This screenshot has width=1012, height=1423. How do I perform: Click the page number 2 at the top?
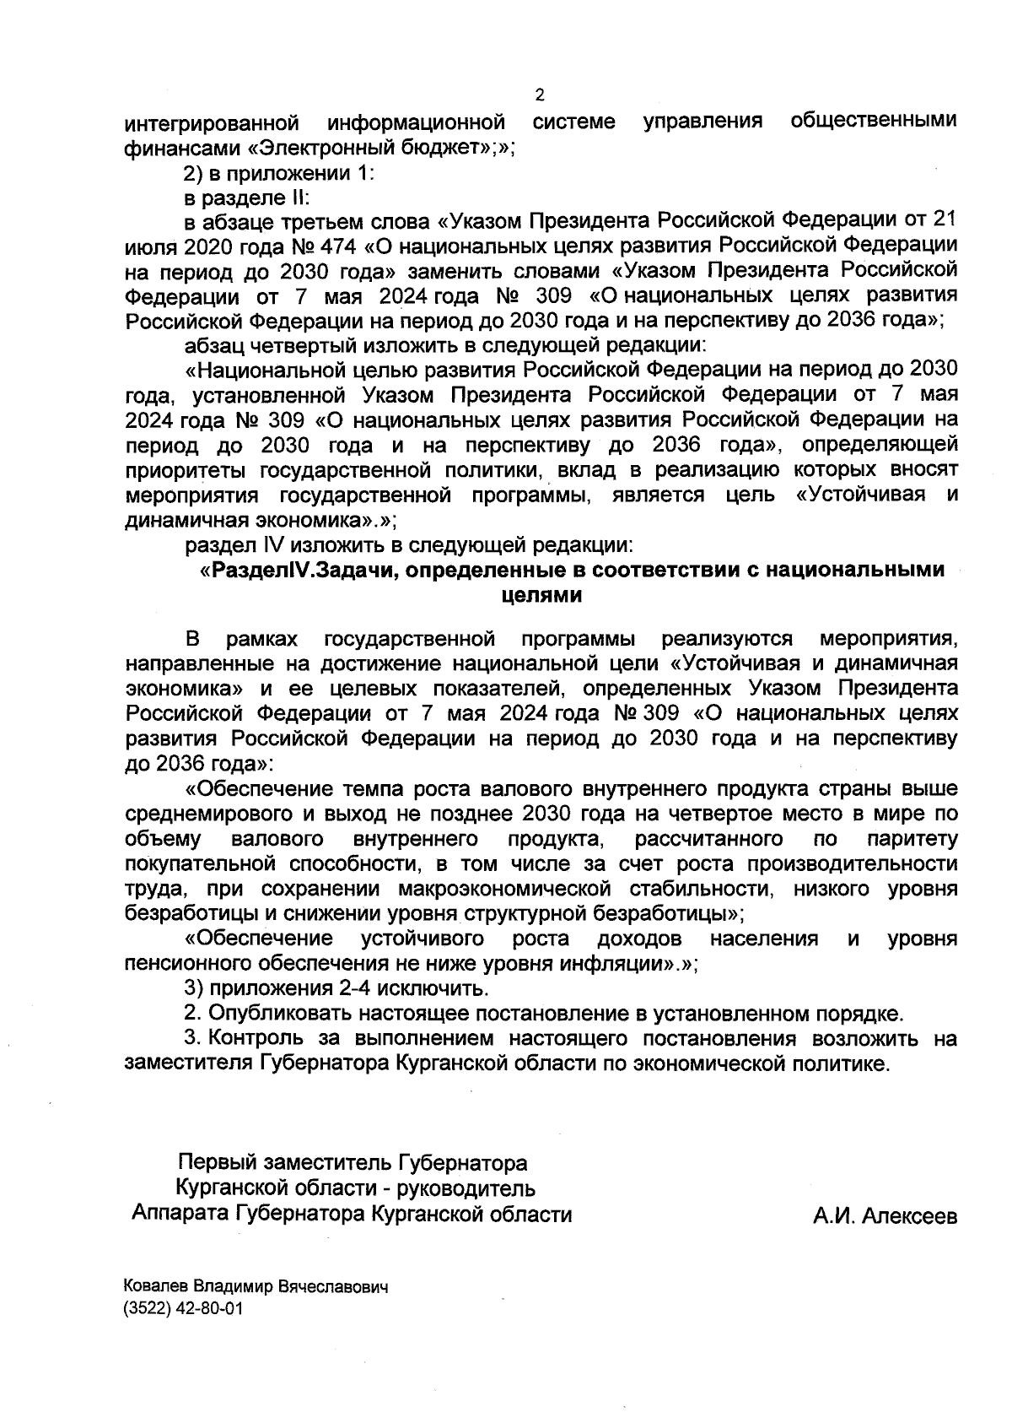(x=540, y=95)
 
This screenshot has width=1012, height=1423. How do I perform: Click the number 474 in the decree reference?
(x=331, y=246)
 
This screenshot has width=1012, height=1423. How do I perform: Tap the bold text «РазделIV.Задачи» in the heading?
(x=304, y=571)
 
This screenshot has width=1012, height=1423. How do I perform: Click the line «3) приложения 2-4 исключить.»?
(x=336, y=988)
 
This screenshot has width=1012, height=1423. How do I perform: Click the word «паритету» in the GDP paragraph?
(x=912, y=840)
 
